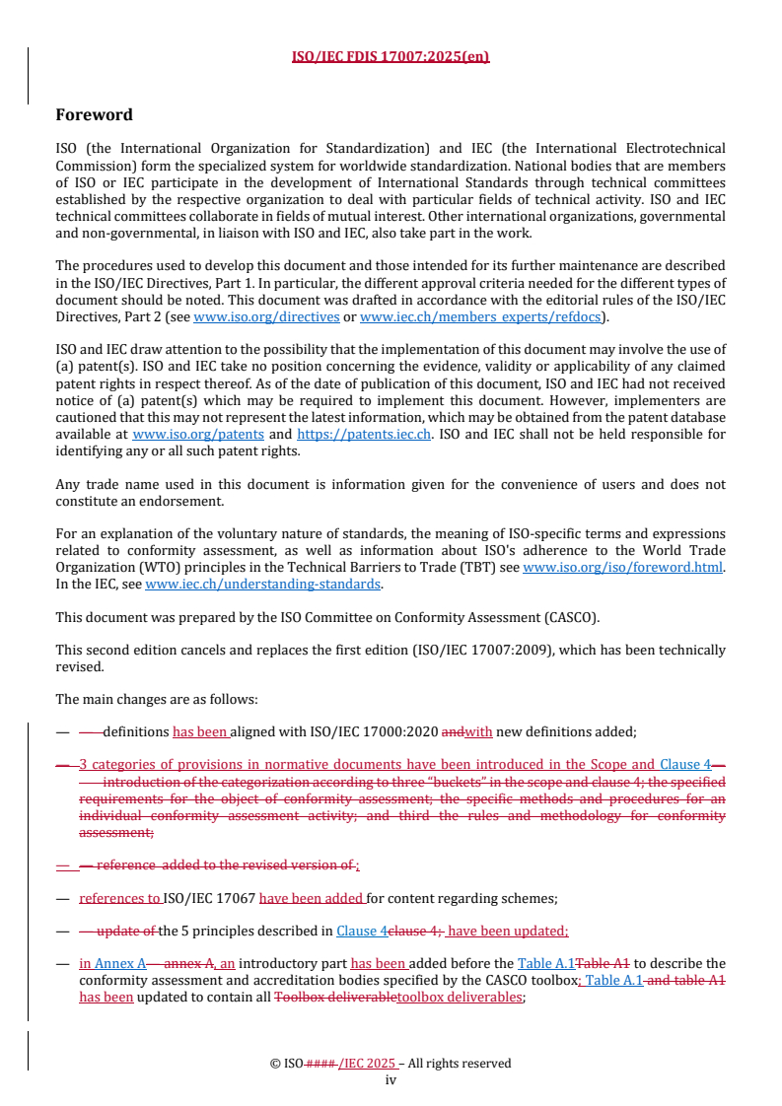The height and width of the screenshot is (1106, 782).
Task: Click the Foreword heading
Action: click(94, 114)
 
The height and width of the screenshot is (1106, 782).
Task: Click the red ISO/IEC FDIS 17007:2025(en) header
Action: click(391, 56)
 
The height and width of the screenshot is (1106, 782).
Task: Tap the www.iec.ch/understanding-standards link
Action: click(263, 584)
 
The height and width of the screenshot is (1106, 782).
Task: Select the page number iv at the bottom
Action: click(391, 1079)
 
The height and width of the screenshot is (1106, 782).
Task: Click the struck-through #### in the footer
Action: click(321, 1064)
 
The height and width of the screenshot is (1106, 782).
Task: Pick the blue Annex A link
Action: click(127, 963)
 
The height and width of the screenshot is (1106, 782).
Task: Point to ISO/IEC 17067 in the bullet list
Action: click(209, 898)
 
